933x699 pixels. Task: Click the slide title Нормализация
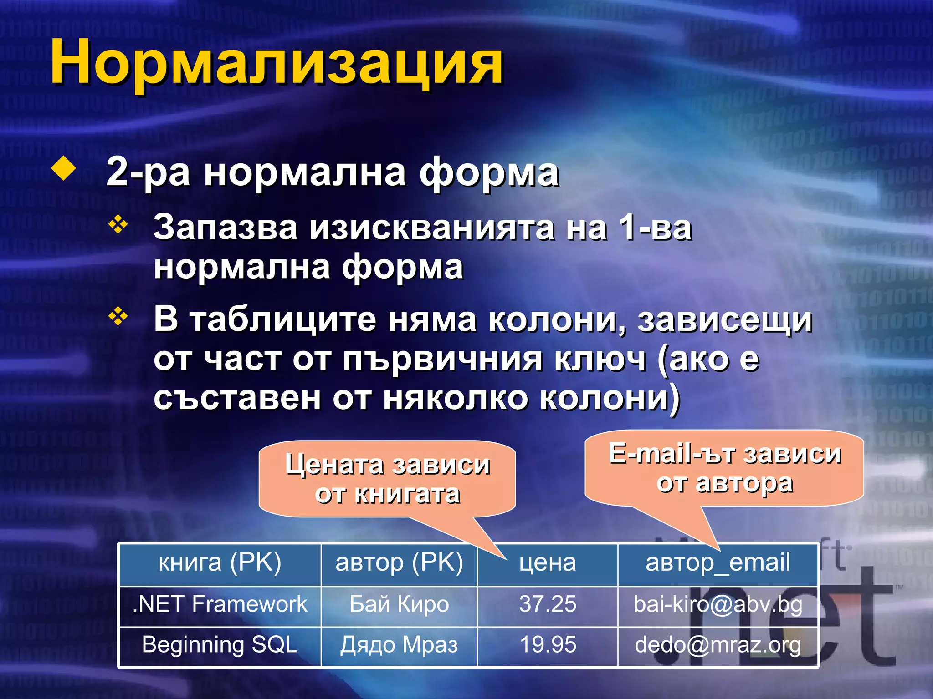(277, 62)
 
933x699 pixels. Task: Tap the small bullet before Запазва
(118, 225)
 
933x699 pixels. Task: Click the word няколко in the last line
(456, 398)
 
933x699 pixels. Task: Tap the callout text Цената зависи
(388, 465)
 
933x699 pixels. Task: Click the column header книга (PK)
(220, 563)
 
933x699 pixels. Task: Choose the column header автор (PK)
(399, 563)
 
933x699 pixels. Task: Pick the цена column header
(548, 563)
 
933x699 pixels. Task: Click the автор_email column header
(718, 563)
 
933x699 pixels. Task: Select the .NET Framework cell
(220, 605)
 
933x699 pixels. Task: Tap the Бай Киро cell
(399, 605)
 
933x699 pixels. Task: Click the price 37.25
(548, 605)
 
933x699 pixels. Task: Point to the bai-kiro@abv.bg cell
(718, 605)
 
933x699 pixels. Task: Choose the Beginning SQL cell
(220, 645)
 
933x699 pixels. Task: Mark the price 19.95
(548, 645)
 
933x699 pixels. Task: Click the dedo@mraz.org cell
(718, 645)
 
